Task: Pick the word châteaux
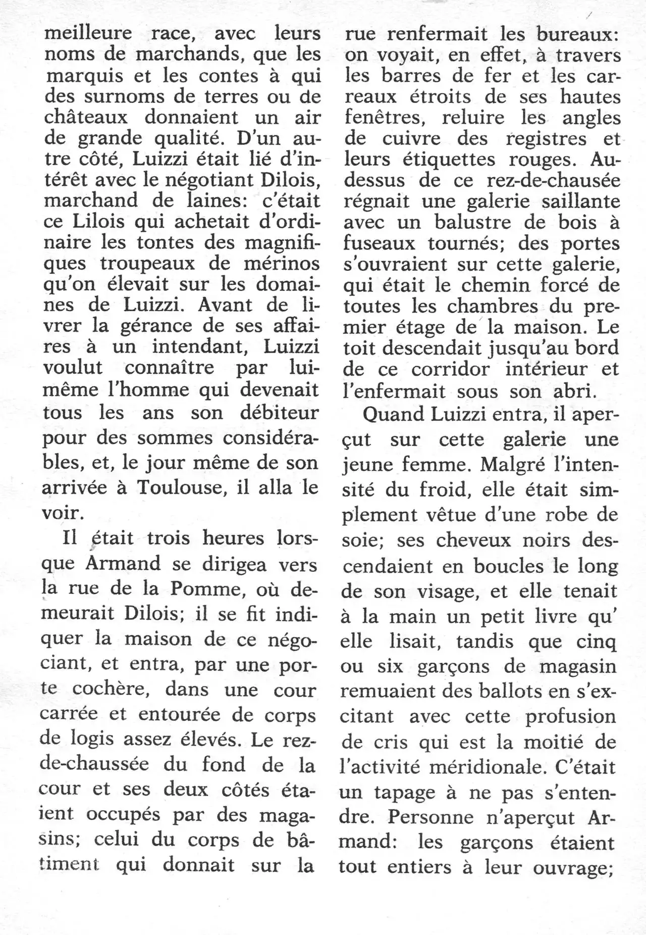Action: [x=85, y=117]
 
